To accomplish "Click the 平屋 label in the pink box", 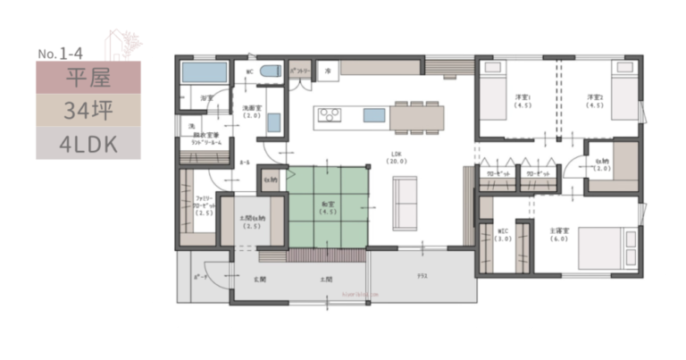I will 88,78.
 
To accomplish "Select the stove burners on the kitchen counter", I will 328,115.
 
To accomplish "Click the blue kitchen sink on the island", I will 374,115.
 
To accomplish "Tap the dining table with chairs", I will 415,115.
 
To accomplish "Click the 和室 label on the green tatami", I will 328,206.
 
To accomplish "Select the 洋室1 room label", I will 523,100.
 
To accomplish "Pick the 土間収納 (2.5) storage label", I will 252,222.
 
